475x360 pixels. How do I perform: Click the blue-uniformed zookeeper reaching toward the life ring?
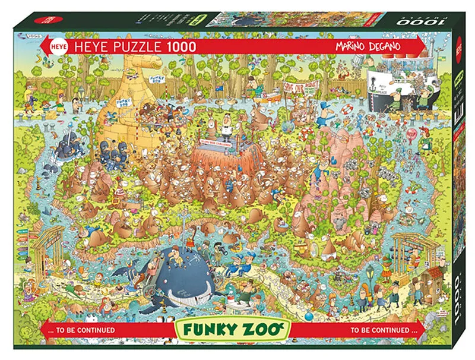[324, 119]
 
